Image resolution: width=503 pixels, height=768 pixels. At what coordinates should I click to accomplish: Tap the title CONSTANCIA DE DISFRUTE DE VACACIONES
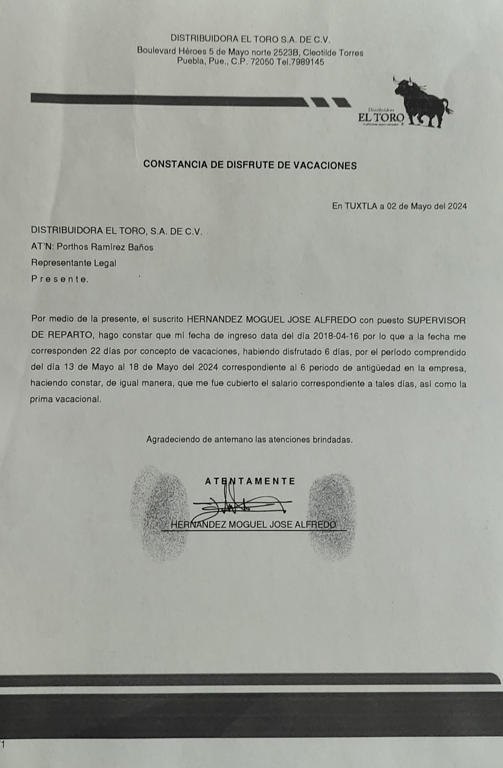[250, 165]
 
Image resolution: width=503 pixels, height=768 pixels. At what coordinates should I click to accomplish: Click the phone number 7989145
[307, 62]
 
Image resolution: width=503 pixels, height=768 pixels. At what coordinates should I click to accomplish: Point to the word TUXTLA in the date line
[361, 206]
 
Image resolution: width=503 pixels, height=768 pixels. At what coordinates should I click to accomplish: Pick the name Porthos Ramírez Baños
[105, 247]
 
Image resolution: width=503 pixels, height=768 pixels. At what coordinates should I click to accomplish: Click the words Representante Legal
[74, 263]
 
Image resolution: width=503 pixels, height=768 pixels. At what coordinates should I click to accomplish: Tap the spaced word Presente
[59, 279]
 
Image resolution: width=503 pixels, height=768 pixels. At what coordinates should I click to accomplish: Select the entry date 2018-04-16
[337, 336]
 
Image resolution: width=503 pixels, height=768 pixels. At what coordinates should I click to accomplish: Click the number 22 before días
[95, 352]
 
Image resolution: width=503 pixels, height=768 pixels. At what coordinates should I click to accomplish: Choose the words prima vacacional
[65, 399]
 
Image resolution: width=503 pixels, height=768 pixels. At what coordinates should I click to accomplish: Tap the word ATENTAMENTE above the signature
[250, 481]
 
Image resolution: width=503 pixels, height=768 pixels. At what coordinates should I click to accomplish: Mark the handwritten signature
[242, 505]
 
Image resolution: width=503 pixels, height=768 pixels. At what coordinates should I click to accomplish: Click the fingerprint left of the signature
[160, 513]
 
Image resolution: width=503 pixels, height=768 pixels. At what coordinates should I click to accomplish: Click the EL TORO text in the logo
[381, 117]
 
